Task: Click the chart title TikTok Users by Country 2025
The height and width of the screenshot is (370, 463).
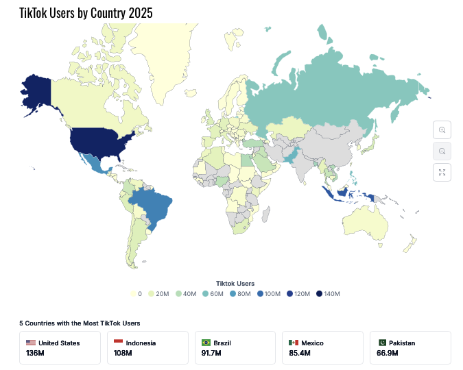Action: point(86,13)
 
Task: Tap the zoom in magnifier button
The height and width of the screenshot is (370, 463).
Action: point(442,130)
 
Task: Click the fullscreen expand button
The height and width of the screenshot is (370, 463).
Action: point(442,172)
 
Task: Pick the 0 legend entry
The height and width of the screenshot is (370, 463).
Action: point(137,294)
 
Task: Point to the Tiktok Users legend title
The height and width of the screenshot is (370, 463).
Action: point(235,283)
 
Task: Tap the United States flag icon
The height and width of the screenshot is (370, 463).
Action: point(31,343)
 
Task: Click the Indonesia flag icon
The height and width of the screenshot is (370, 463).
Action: point(118,343)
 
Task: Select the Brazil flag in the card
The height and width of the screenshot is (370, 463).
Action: point(206,343)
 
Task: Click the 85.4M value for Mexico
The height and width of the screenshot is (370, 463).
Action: point(299,354)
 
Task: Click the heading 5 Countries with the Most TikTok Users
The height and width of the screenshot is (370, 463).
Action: point(80,322)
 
